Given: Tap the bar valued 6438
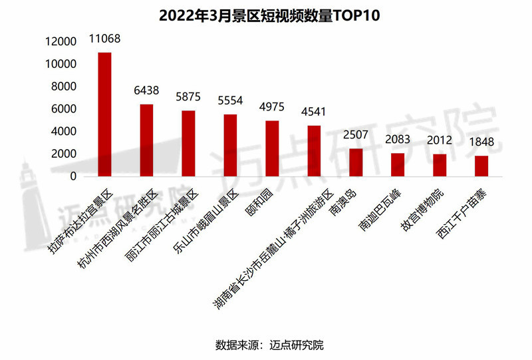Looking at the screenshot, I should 146,140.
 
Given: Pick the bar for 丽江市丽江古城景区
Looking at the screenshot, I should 188,144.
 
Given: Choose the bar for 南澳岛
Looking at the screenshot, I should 356,162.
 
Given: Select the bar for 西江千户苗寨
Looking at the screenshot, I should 481,166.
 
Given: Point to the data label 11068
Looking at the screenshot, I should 104,39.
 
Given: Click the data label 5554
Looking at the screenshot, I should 230,101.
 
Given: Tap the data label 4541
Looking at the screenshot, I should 314,112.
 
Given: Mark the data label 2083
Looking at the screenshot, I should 398,140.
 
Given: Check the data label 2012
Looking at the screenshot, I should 440,140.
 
